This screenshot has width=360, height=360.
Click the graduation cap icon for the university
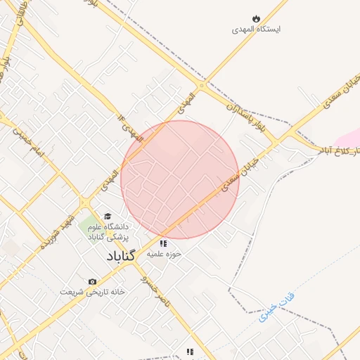click(108, 216)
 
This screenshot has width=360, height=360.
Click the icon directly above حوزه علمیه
click(164, 243)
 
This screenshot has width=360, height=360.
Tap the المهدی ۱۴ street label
click(131, 126)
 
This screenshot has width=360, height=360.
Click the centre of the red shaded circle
click(180, 179)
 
